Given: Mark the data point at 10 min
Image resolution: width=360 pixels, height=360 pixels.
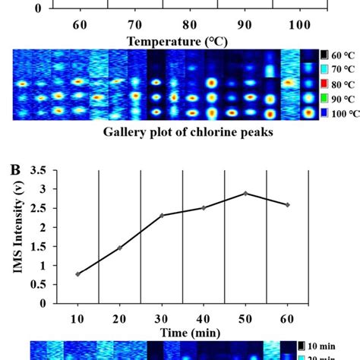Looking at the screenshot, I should (77, 274).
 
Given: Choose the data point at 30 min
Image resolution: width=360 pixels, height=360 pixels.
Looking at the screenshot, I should (162, 215).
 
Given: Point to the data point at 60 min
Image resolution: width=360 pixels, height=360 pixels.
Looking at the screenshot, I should (287, 205).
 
